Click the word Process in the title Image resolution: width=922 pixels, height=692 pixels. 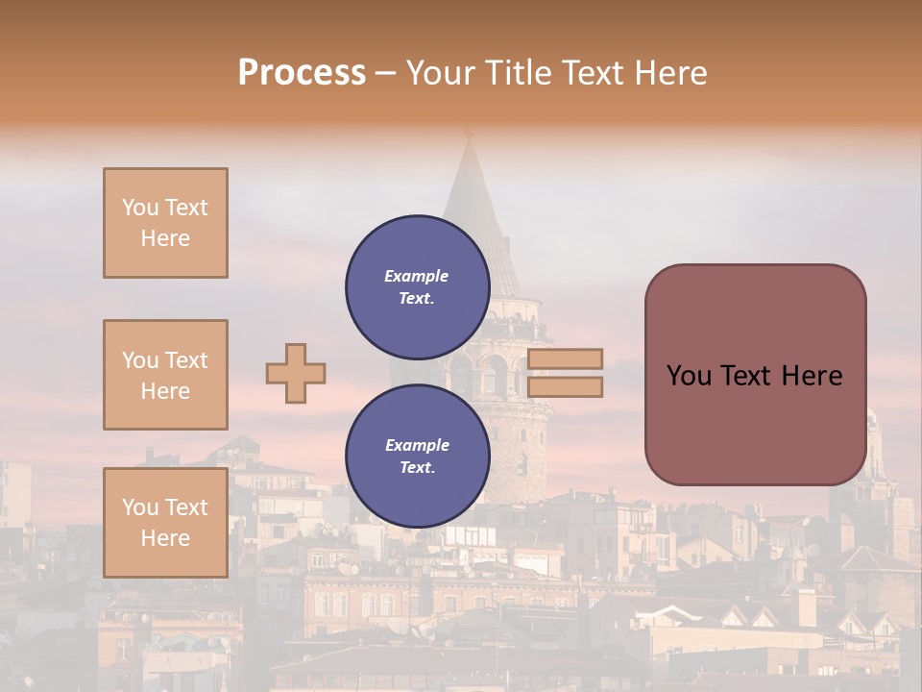pos(302,73)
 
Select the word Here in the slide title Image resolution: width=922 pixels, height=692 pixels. pos(668,73)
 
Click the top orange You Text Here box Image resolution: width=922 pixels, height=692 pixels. pos(165,223)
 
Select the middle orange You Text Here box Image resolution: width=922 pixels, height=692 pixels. pos(165,375)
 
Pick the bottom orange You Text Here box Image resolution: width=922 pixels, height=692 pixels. pos(165,523)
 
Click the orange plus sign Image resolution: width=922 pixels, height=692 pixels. pos(296,373)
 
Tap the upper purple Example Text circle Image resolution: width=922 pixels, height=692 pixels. pos(417,286)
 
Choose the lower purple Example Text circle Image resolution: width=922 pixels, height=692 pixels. pos(417,456)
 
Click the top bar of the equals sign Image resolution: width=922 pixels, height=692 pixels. pos(566,358)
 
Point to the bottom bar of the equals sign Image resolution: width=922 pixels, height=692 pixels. pos(566,386)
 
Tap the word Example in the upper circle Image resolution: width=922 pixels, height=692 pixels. pos(417,276)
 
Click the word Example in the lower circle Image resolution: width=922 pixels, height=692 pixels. pos(417,445)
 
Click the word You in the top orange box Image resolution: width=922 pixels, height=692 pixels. pos(139,208)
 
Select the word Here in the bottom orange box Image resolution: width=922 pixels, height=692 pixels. pos(165,538)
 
